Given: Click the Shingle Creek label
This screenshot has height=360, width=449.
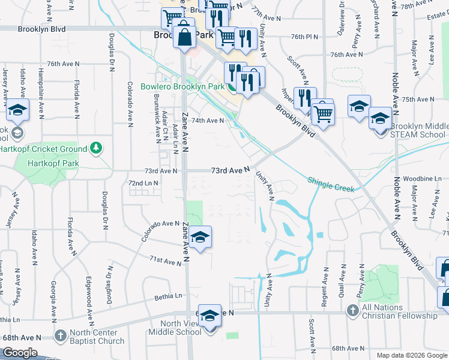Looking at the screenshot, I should click(331, 183).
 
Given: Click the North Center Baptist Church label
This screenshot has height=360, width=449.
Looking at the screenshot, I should click(97, 338).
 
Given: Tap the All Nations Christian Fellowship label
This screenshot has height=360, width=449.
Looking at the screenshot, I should click(400, 312).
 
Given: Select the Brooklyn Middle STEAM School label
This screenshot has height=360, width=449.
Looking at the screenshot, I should click(418, 131).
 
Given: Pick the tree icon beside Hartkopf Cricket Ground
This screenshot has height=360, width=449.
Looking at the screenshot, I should click(95, 148).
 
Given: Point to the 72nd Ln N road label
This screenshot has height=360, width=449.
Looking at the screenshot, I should click(143, 182).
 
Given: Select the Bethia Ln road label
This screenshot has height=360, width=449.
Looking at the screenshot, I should click(168, 296).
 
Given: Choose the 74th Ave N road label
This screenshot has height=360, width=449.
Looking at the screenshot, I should click(208, 120).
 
